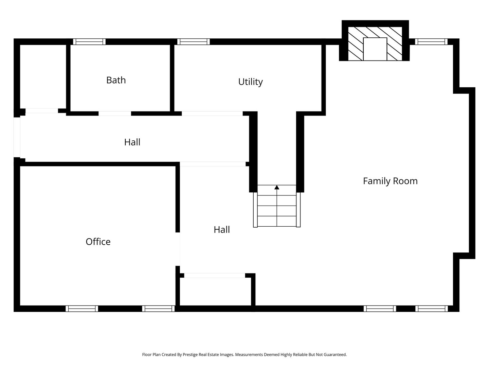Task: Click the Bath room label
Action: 116,80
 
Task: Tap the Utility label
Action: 250,82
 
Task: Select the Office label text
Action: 98,242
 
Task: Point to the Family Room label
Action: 390,181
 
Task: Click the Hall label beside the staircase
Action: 222,230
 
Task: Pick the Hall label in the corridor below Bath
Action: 132,142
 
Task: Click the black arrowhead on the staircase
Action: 277,187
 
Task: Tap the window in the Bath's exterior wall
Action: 89,42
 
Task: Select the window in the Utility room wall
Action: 193,42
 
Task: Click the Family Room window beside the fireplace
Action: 431,42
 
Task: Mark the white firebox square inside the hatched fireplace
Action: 375,49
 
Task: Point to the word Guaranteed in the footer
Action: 334,354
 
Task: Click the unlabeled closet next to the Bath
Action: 43,76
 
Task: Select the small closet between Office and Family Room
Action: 215,291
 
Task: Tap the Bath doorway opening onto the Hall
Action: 115,113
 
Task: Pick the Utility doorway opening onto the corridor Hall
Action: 212,113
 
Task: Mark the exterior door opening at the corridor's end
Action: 17,137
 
